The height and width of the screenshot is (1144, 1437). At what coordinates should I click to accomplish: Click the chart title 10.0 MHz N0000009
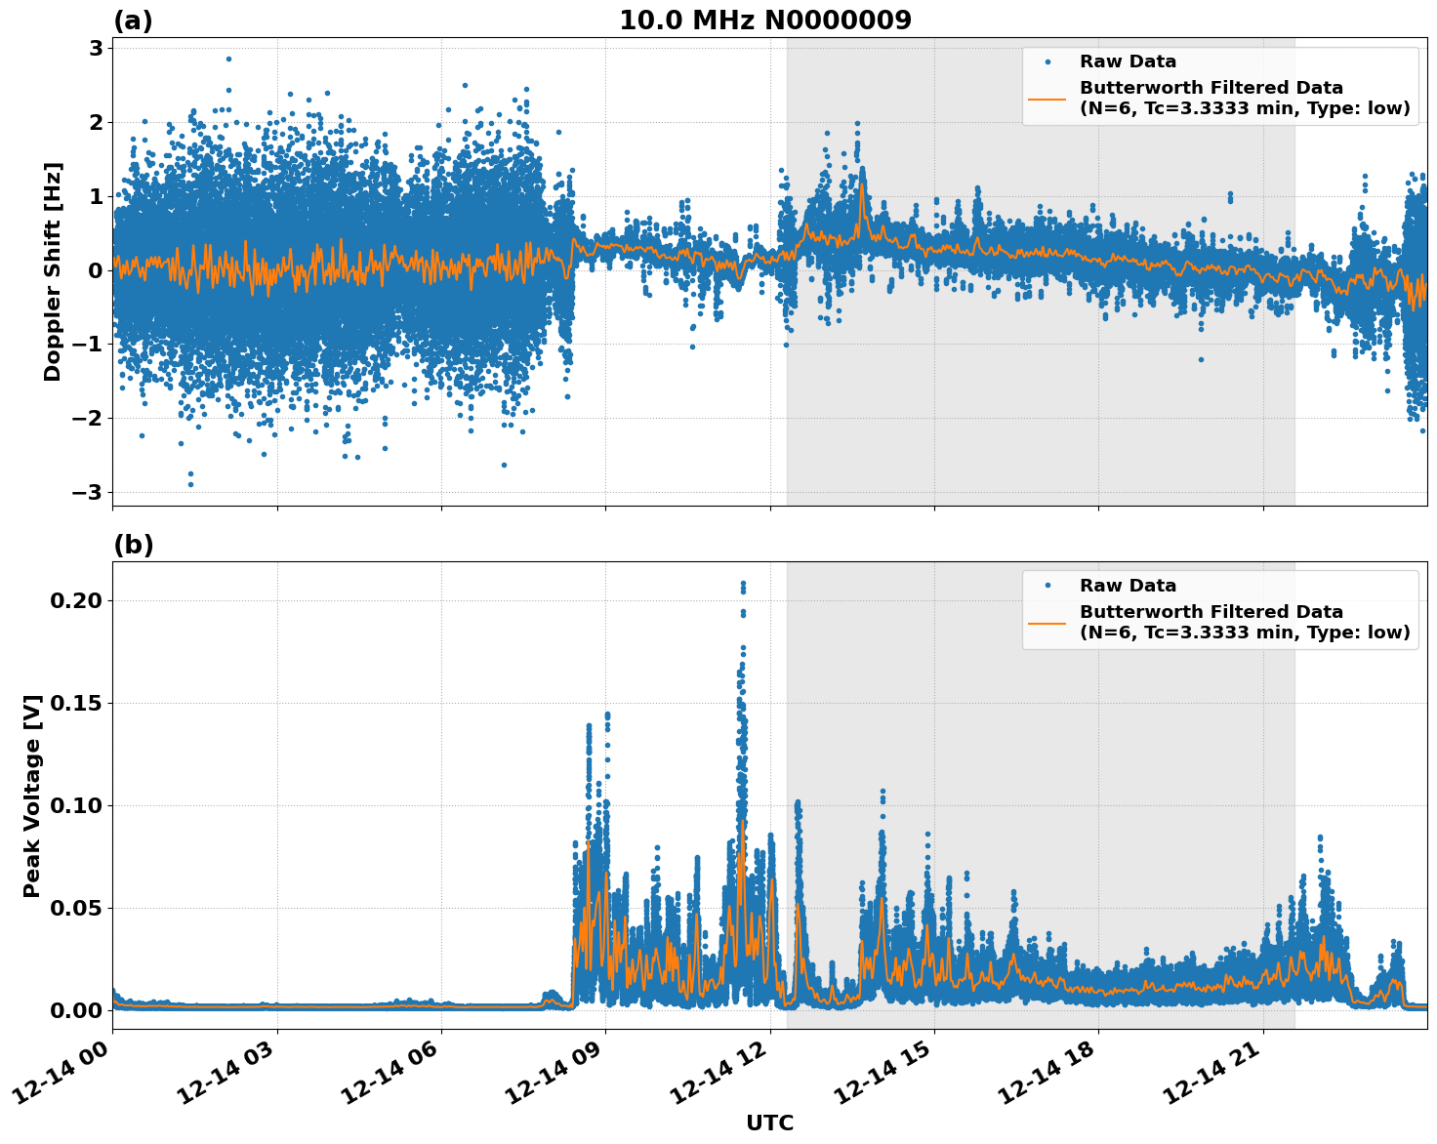pos(764,20)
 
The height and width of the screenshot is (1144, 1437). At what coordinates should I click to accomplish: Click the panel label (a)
pos(133,20)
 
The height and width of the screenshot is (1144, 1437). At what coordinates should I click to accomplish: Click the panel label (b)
pos(133,545)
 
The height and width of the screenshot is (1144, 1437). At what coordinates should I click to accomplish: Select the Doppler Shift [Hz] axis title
pos(53,271)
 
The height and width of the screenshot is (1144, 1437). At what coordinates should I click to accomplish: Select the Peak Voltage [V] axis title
pos(32,796)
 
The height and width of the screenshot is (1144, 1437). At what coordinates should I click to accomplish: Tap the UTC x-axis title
pos(769,1123)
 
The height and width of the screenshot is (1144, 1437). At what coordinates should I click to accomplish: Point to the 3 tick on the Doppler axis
pos(96,48)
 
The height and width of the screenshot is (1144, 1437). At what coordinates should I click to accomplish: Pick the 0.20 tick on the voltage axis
pos(76,600)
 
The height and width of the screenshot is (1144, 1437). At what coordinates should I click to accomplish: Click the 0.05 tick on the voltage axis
pos(76,908)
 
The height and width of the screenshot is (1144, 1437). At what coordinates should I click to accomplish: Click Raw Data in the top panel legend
pos(1128,61)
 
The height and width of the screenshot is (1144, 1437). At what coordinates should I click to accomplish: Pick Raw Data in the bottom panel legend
pos(1128,586)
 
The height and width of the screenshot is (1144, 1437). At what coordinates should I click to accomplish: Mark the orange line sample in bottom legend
pos(1047,622)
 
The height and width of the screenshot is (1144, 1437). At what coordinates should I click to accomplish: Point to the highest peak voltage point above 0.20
pos(743,584)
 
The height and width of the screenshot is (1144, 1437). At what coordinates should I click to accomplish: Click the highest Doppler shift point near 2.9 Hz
pos(228,59)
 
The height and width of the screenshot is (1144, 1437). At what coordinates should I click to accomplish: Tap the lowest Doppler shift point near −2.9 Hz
pos(190,484)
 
